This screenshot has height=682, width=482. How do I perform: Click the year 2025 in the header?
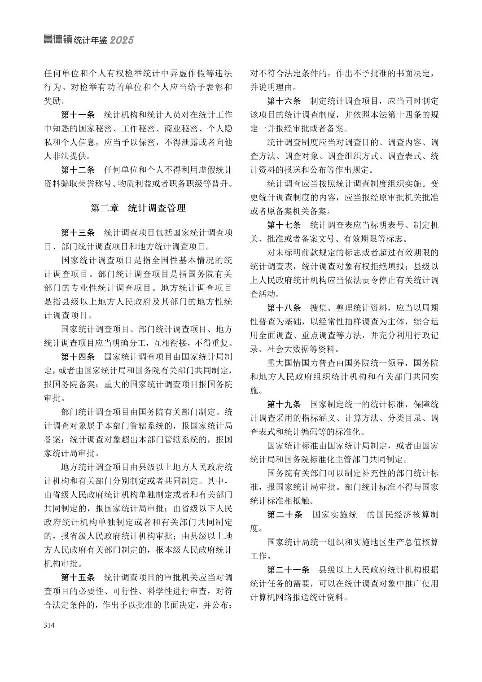pos(122,40)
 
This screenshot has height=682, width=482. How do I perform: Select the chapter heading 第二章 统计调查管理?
pos(138,208)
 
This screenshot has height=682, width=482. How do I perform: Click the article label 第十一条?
pos(78,114)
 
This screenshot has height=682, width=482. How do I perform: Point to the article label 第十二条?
pos(78,170)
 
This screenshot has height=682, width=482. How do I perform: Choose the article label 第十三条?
pos(78,233)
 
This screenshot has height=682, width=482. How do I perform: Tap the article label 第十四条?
pos(78,357)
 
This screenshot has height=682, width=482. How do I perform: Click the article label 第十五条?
pos(78,577)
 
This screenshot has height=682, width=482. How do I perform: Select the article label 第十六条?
pos(284,101)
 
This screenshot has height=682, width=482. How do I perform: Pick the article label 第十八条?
pos(284,308)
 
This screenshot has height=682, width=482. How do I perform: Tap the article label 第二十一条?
pos(288,570)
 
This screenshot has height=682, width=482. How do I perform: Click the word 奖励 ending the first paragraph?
pos(53,101)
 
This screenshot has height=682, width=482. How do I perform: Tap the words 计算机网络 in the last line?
pos(271,598)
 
